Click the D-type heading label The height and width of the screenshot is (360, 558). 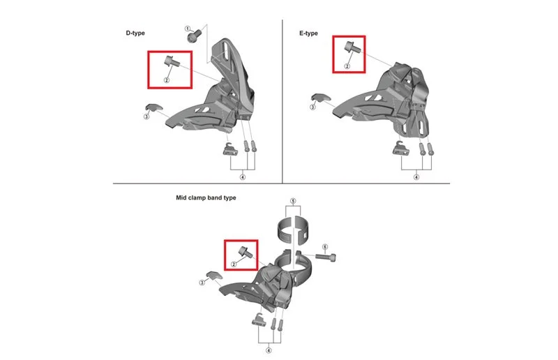135,33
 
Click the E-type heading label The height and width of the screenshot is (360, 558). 308,33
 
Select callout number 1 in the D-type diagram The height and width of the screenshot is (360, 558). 188,29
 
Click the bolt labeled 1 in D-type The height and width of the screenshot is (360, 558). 194,36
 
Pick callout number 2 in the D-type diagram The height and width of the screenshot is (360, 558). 166,80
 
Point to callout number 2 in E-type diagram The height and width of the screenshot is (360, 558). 347,66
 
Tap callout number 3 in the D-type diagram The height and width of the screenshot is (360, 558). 146,117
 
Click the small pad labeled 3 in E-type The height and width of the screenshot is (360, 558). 321,98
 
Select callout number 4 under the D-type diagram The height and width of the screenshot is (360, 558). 243,177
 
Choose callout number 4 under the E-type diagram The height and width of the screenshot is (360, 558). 416,177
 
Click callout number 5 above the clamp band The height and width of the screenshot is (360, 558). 293,201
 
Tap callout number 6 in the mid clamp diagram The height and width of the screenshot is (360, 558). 324,247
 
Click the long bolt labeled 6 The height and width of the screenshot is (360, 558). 326,256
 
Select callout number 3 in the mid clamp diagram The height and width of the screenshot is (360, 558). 202,283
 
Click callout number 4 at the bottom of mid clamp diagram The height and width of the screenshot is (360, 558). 269,350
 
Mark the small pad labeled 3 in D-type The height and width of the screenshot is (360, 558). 153,107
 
